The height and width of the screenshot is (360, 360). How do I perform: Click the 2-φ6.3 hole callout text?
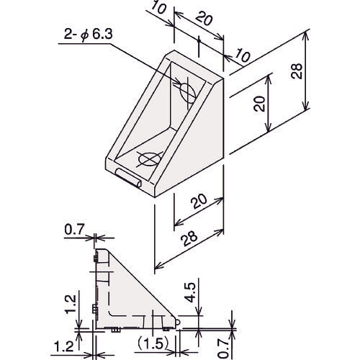[88, 35]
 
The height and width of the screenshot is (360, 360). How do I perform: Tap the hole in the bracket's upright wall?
[188, 93]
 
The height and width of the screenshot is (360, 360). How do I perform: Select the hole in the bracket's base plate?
[150, 159]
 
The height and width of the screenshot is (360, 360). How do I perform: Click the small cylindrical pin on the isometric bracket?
[129, 178]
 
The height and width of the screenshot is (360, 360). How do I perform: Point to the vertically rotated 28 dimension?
[297, 71]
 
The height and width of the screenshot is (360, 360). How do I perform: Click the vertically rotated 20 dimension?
[260, 104]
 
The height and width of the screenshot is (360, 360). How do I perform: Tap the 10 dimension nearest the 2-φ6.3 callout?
[158, 8]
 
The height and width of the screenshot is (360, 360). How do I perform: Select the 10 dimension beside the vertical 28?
[243, 55]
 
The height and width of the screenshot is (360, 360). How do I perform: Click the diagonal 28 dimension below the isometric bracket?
[190, 238]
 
